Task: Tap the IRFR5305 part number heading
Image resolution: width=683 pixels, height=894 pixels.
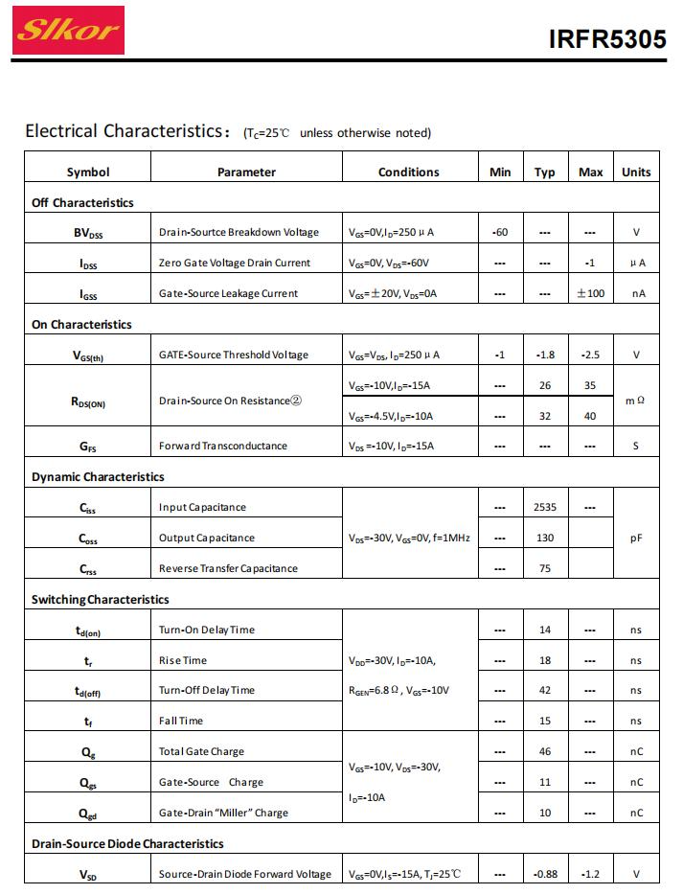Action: [607, 39]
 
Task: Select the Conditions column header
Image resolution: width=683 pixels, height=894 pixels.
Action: [408, 172]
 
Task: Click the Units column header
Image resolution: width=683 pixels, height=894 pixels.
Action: [635, 172]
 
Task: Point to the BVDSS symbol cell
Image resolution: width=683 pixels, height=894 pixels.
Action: [88, 233]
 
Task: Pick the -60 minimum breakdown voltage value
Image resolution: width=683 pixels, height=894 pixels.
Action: [499, 233]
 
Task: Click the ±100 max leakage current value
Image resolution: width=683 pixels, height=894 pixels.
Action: [590, 293]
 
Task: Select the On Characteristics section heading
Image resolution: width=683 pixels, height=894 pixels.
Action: [81, 325]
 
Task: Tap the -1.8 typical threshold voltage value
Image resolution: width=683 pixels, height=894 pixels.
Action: [545, 355]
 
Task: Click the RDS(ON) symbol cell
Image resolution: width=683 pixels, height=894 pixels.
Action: [88, 401]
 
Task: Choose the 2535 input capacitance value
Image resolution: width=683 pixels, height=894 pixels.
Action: [545, 508]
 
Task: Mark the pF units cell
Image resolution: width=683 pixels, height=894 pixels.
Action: [635, 539]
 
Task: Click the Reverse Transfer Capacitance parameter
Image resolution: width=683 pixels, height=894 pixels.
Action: [228, 569]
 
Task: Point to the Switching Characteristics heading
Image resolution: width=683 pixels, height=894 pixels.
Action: [100, 600]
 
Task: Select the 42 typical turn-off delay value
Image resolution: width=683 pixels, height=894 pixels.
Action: [545, 691]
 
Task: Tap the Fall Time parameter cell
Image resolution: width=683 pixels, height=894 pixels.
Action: [181, 722]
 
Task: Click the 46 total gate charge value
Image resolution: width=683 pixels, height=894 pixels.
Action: [545, 752]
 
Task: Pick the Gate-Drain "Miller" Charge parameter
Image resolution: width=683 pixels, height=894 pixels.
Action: [223, 814]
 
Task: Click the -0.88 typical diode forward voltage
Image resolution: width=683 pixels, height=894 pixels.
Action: [545, 874]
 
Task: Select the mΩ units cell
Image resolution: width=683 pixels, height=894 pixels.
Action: [635, 401]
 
